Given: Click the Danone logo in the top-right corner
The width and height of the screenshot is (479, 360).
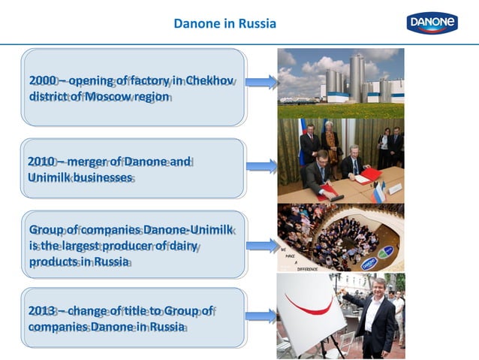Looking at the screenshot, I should click(x=432, y=23).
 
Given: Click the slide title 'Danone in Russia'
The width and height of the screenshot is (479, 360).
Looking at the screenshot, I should click(x=224, y=23).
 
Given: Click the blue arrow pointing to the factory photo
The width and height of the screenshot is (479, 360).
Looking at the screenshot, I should click(x=261, y=82).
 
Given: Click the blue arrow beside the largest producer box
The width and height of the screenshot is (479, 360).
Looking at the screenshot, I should click(x=261, y=245).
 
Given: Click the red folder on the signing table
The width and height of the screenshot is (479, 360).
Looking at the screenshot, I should click(x=369, y=177).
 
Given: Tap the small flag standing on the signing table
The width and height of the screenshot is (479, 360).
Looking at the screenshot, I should click(x=379, y=192).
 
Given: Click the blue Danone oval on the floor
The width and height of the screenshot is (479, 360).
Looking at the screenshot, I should click(x=369, y=263).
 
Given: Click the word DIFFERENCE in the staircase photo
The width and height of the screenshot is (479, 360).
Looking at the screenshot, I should click(x=308, y=268).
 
